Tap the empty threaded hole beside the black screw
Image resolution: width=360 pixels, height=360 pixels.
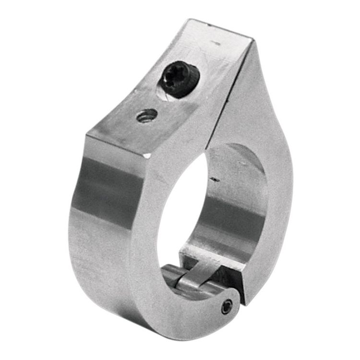point(147,115)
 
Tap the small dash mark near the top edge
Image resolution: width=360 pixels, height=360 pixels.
point(217,43)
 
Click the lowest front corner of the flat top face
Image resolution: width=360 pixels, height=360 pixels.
point(146,157)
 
